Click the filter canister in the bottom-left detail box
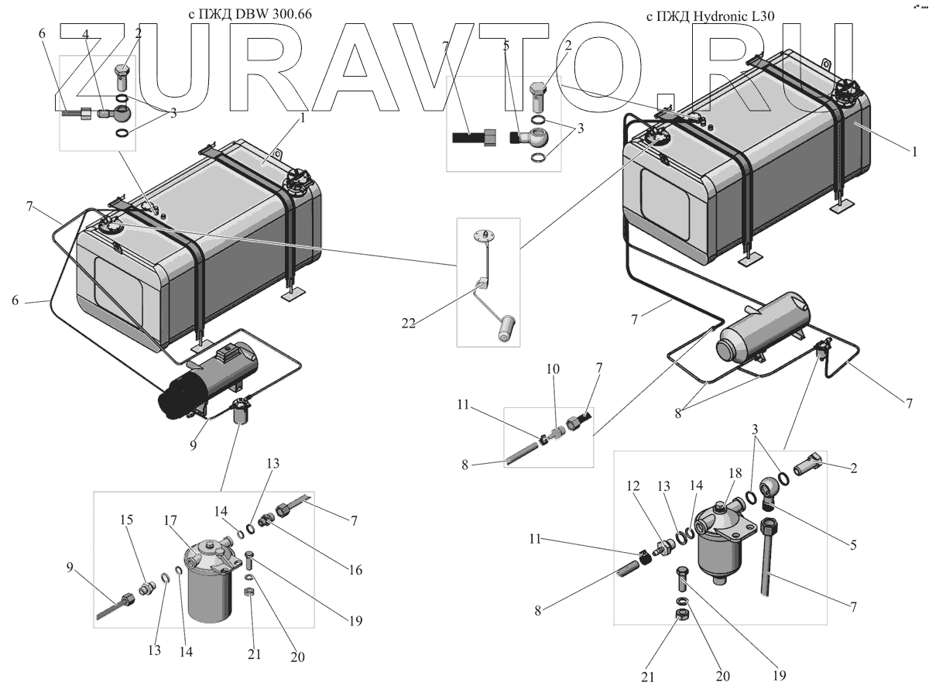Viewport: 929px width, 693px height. click(x=209, y=582)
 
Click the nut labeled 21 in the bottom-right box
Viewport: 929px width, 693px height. click(x=683, y=615)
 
